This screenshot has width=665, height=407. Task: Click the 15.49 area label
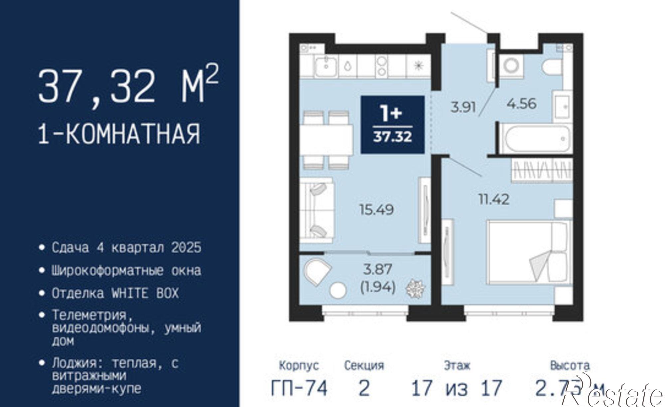(376, 210)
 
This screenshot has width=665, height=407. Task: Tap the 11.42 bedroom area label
(494, 199)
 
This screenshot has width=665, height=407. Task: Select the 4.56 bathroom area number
(521, 104)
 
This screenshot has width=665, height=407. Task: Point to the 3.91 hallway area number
(463, 107)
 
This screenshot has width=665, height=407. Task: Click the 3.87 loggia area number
(378, 269)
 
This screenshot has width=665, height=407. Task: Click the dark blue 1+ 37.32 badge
(392, 125)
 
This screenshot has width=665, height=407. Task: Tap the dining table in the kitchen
(328, 140)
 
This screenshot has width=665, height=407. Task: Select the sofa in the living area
(317, 208)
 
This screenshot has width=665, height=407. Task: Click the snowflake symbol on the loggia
(415, 288)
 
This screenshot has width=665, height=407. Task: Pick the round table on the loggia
(338, 290)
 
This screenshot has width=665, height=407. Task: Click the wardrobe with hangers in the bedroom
(542, 170)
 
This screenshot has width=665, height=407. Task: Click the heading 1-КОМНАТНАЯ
(120, 134)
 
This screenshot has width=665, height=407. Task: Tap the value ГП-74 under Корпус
(299, 388)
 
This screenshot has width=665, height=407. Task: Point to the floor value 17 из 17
(457, 388)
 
